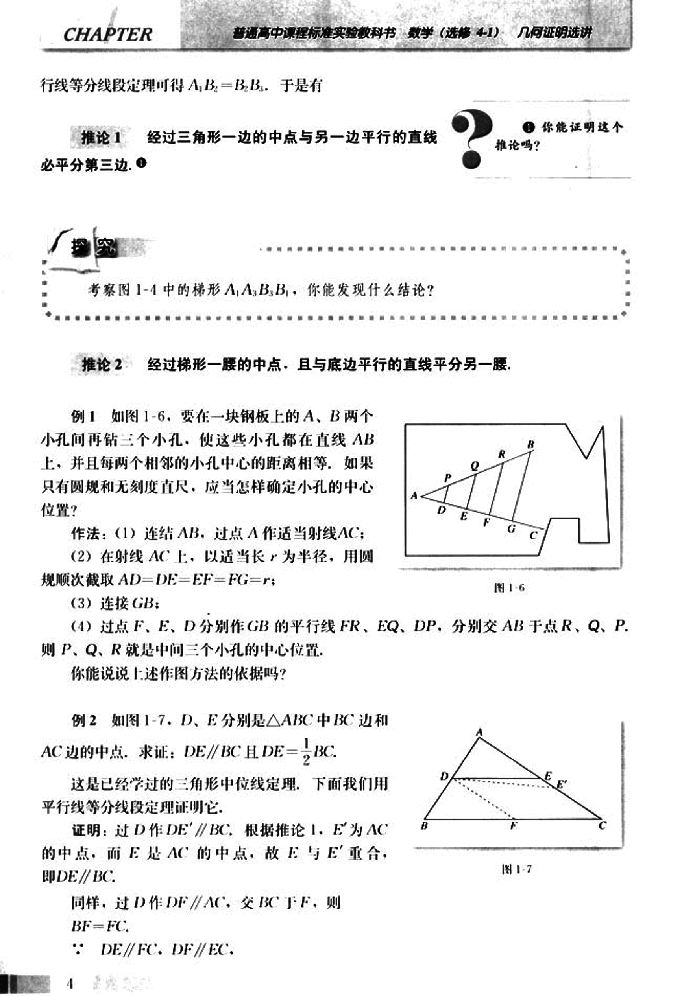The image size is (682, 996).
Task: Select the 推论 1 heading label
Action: [101, 138]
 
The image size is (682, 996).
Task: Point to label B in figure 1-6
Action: [530, 444]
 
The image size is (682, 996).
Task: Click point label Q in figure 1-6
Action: [474, 466]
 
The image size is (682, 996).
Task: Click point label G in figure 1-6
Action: [511, 529]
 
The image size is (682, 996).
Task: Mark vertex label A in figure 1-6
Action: [414, 496]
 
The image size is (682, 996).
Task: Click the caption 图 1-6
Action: [509, 587]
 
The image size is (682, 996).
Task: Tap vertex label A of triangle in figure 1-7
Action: [480, 733]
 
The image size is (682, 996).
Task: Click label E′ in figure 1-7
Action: [562, 785]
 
